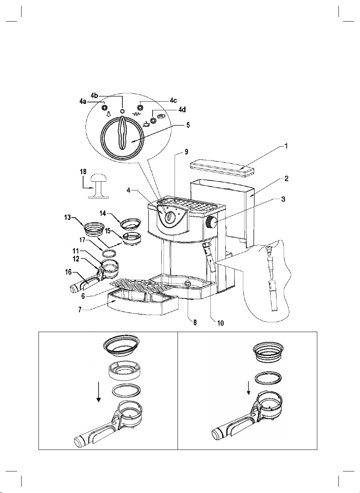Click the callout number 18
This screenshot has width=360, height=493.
coord(83,172)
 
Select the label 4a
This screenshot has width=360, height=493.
coord(83,102)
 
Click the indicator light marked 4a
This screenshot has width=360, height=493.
coord(104,108)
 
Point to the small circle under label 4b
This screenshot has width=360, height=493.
coord(122,111)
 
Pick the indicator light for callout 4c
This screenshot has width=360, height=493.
coord(140,108)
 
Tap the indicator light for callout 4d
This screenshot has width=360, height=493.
coord(153,121)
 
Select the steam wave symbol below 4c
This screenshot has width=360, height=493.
coord(136,114)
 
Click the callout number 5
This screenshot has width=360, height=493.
coord(188,125)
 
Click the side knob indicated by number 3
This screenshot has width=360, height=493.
coord(211,222)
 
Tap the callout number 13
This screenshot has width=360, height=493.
coord(68,218)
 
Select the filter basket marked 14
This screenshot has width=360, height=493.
coord(130,224)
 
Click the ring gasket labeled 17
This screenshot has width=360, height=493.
coord(109,253)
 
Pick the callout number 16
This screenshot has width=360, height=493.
coord(68,272)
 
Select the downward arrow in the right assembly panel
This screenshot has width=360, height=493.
coord(249,388)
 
